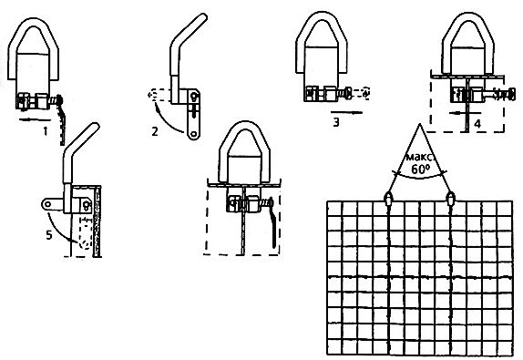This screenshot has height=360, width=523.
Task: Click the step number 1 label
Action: tap(45, 131)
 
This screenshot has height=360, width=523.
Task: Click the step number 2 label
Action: tap(154, 132)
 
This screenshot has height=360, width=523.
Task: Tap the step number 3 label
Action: tap(336, 122)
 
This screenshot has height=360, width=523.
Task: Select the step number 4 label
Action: tap(477, 124)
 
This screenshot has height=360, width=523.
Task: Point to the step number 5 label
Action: tap(49, 235)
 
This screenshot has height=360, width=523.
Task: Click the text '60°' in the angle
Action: tap(420, 170)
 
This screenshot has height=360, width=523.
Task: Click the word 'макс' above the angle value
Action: tap(420, 157)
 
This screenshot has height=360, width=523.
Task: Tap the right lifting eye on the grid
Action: tap(450, 198)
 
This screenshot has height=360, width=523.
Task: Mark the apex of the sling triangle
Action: tap(420, 124)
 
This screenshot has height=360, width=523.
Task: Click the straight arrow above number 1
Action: tap(35, 119)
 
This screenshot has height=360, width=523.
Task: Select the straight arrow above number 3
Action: tap(346, 112)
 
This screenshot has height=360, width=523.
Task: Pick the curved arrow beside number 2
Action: tap(166, 118)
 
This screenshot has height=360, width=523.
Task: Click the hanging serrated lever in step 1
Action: tap(62, 123)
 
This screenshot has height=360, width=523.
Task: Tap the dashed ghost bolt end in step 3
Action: tap(362, 93)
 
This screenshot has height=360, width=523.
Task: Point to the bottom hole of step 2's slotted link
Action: tap(193, 134)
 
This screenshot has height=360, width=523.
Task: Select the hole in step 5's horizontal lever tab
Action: tap(47, 204)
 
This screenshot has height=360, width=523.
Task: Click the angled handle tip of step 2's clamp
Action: tap(202, 16)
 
